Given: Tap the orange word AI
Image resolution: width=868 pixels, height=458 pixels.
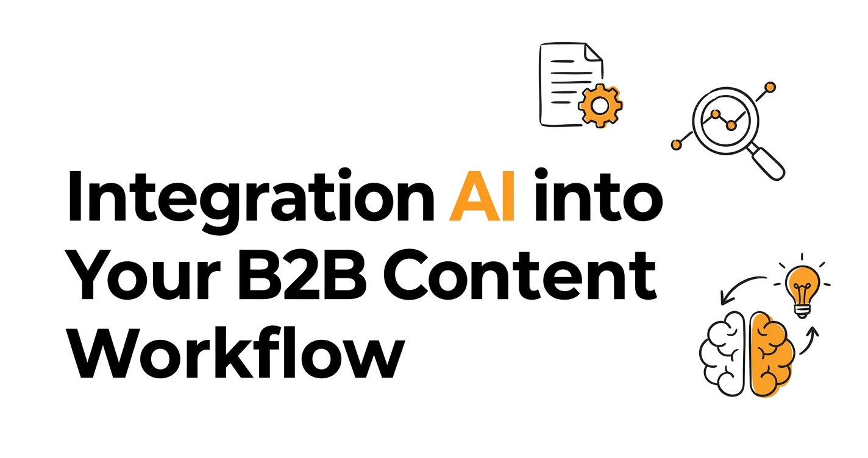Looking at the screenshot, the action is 482,195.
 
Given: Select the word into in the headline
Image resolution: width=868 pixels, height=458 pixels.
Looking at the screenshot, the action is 599,195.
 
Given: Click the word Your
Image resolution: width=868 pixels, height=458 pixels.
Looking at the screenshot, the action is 146,275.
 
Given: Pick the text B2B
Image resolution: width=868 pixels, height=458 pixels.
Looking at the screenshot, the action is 302,275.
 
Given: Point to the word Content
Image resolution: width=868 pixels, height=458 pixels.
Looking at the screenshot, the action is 519,275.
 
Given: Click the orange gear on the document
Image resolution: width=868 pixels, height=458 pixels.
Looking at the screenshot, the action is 600,106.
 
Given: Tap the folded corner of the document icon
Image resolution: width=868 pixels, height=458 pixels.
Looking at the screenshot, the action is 593,52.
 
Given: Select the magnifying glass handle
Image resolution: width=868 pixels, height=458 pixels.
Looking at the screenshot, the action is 767,162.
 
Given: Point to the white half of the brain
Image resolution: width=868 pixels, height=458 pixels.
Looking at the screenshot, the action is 722,354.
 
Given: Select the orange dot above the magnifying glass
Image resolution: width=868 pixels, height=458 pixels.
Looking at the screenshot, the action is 770,88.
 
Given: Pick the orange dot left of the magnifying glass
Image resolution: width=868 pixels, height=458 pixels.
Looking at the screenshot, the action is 676,144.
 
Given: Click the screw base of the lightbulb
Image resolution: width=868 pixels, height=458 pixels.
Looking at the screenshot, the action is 802,311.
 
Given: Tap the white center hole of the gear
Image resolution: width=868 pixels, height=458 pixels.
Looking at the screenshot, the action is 600,106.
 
